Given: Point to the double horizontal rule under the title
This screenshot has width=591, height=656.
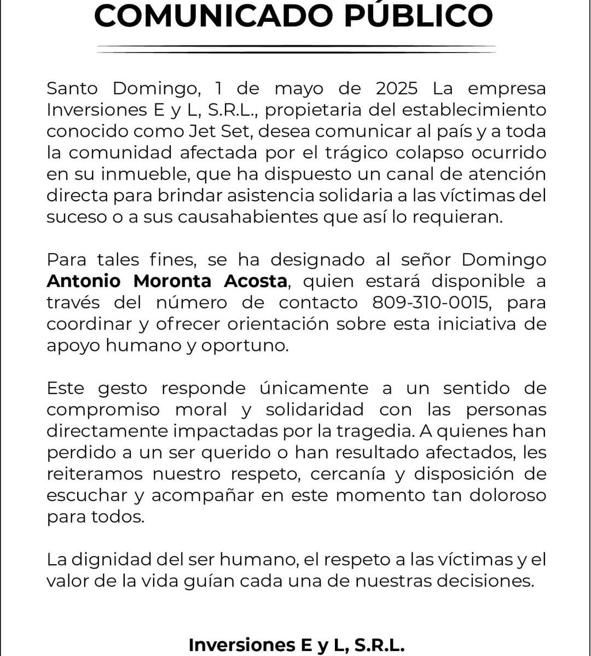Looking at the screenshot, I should pos(296,49).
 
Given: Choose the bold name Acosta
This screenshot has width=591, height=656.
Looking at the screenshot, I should pos(255,281).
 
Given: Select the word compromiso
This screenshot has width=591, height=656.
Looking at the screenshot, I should pos(103,409).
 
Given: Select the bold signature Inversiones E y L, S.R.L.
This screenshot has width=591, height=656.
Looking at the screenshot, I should pos(297,645).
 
